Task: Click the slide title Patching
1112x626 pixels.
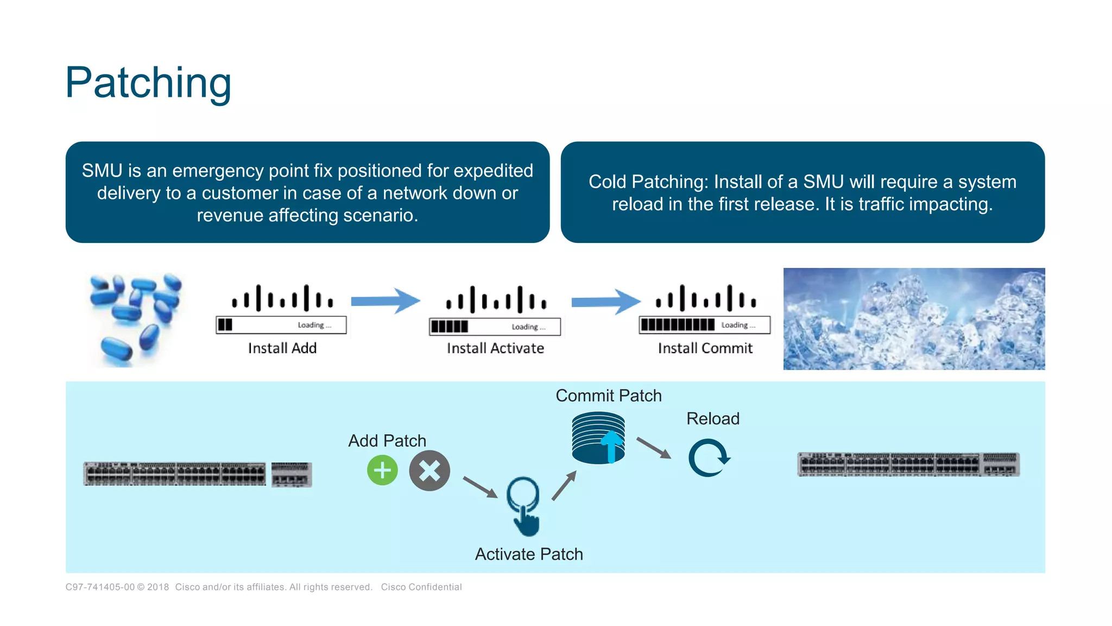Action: tap(148, 83)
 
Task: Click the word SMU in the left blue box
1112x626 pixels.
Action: tap(102, 171)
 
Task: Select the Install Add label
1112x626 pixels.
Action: tap(282, 348)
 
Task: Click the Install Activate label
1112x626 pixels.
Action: tap(495, 348)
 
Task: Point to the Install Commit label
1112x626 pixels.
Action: tap(705, 348)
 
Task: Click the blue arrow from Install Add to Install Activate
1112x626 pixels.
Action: tap(386, 301)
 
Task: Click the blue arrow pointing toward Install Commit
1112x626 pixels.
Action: tap(605, 302)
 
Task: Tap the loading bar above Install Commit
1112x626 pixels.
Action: tap(704, 325)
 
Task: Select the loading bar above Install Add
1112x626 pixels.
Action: tap(281, 325)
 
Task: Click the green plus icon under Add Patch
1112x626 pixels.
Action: tap(382, 470)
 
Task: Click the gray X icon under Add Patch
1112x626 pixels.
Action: tap(429, 471)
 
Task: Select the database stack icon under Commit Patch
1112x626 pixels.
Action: tap(598, 438)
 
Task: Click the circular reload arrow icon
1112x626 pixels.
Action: tap(709, 458)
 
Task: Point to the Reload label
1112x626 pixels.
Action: tap(712, 418)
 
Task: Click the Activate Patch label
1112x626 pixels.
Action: tap(529, 554)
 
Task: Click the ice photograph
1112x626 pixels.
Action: tap(914, 319)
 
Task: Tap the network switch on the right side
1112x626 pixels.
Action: tap(908, 465)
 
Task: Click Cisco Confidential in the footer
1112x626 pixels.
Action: tap(421, 587)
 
